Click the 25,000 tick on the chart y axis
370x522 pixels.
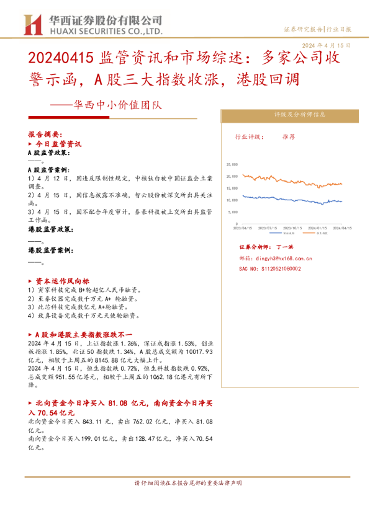click(232, 164)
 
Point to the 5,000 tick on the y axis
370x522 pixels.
click(233, 212)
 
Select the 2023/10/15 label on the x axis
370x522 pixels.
click(292, 228)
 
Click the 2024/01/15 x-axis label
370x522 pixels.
click(317, 228)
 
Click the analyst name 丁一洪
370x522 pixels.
click(284, 247)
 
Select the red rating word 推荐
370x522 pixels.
click(289, 136)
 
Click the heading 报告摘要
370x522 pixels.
click(45, 134)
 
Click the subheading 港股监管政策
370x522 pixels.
click(50, 229)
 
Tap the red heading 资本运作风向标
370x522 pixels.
click(63, 281)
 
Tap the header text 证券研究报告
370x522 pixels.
click(303, 29)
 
